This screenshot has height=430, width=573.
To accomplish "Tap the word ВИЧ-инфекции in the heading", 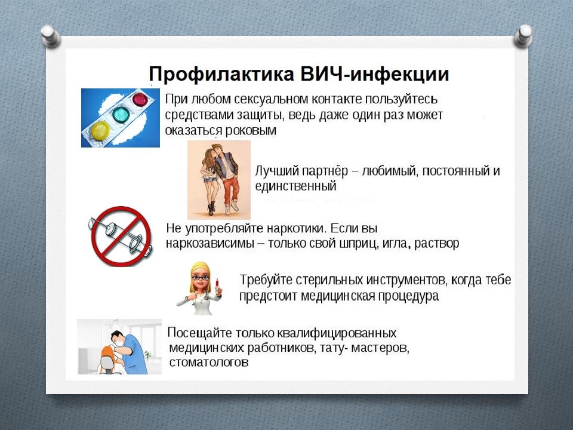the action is coord(375,73).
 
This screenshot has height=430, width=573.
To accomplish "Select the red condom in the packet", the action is coord(140,100).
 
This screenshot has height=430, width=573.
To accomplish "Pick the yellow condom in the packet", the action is coord(100,131).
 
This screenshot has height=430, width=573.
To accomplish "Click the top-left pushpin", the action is coord(50,35).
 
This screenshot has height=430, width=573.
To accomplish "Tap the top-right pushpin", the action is coord(523,35).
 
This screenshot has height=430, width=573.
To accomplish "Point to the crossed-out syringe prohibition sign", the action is coord(121,236).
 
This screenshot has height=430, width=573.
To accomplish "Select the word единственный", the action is coord(295,186).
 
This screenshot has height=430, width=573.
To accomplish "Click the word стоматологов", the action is coord(209,363).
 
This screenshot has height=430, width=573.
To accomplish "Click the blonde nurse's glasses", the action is coord(201,278).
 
